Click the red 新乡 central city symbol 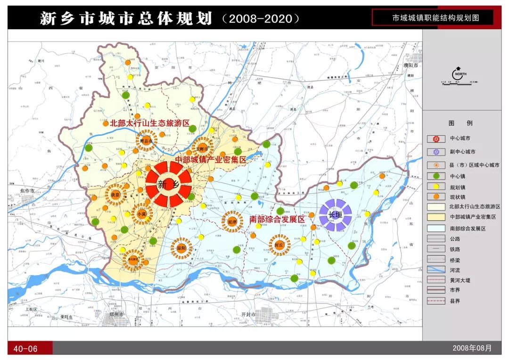pyautogui.click(x=168, y=184)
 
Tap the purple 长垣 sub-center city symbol pyautogui.click(x=336, y=215)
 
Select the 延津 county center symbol pyautogui.click(x=232, y=221)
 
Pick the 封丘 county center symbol pyautogui.click(x=279, y=245)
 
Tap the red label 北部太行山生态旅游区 pyautogui.click(x=149, y=123)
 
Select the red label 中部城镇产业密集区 pyautogui.click(x=211, y=160)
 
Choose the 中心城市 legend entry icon pyautogui.click(x=436, y=139)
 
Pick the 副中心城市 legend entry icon pyautogui.click(x=436, y=152)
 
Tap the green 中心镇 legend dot pyautogui.click(x=436, y=176)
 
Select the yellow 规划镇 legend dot pyautogui.click(x=436, y=187)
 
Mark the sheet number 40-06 pyautogui.click(x=25, y=349)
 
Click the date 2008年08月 pyautogui.click(x=472, y=348)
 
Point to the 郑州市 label pyautogui.click(x=115, y=314)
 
